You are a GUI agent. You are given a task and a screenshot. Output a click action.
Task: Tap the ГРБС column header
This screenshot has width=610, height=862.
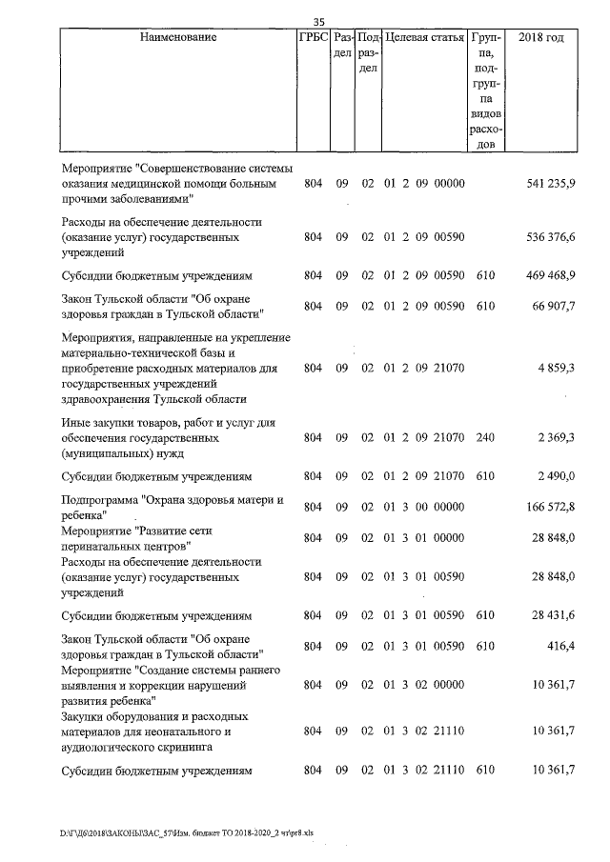pos(314,38)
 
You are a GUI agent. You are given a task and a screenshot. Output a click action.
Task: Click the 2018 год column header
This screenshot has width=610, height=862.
pos(540,38)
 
